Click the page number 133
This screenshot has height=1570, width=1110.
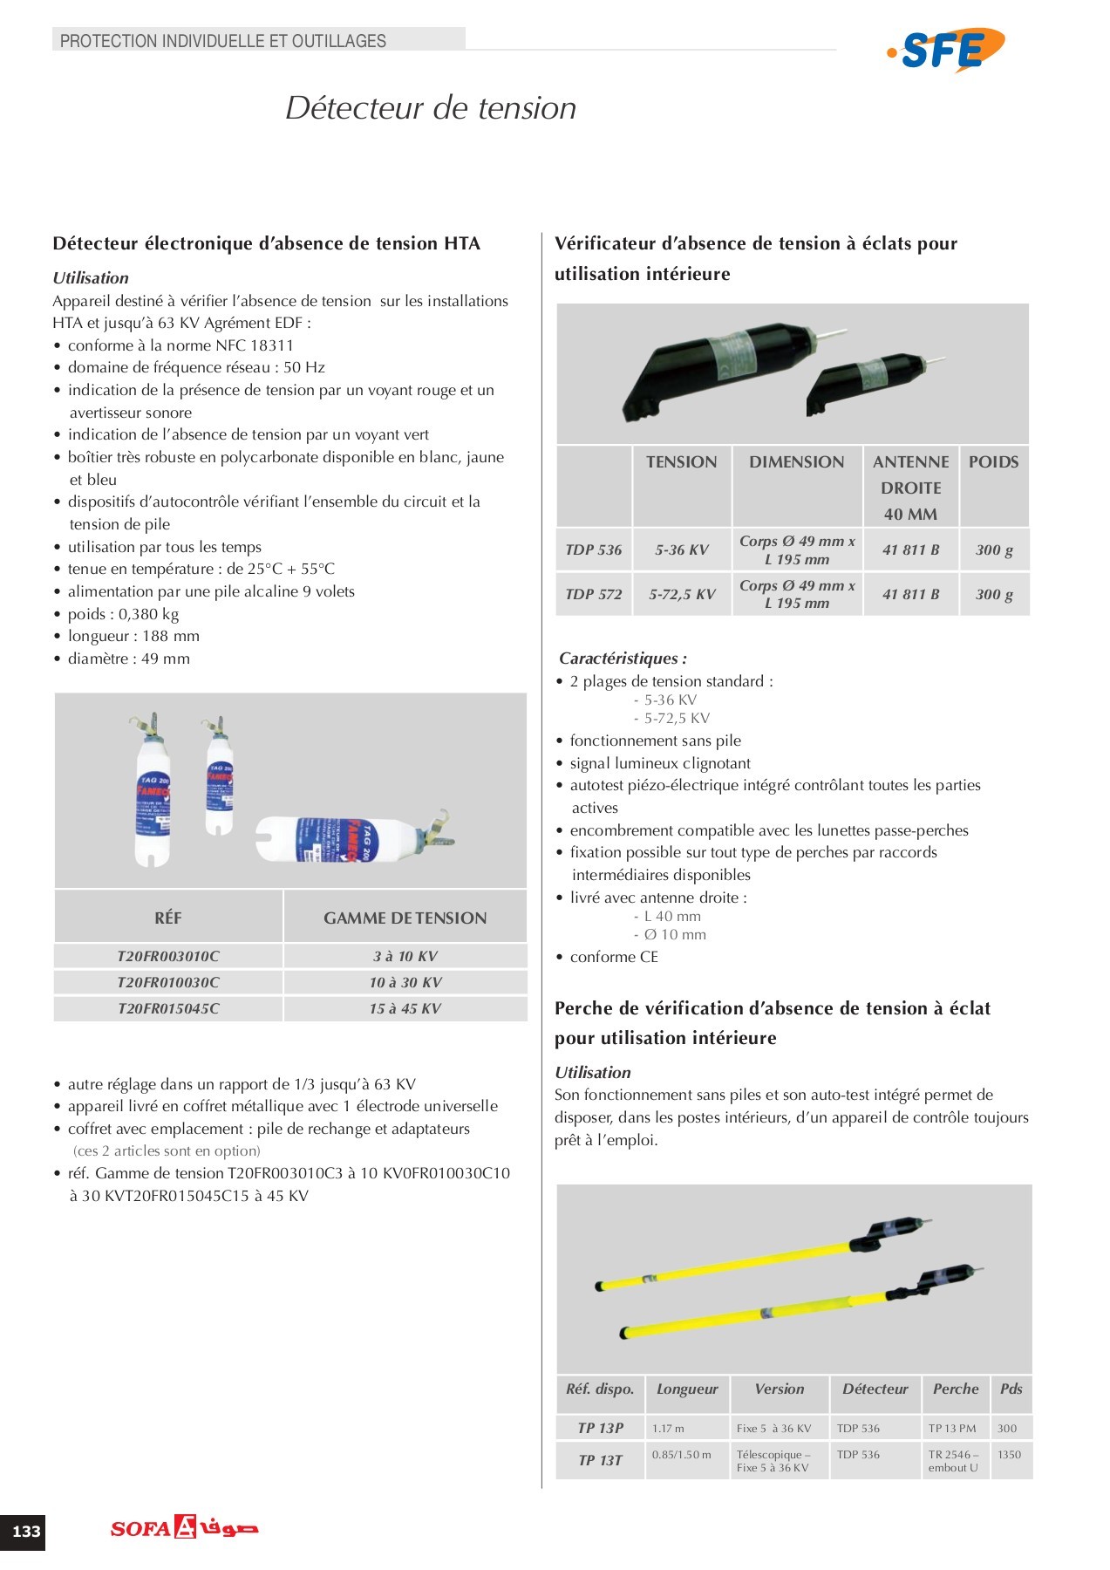26,1531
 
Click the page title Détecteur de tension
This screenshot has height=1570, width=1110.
431,108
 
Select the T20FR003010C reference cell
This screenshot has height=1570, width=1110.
168,956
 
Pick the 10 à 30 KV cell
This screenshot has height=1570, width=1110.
405,982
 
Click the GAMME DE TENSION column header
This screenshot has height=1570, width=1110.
405,918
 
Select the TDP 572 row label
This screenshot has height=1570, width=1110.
593,594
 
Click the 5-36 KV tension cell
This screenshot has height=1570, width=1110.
682,549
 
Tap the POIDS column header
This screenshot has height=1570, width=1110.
993,462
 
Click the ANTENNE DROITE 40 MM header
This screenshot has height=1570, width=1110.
910,488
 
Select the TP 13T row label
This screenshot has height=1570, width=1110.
600,1460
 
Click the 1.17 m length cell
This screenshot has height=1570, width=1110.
669,1428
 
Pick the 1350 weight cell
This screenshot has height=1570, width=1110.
1010,1454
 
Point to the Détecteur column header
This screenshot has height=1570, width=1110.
875,1389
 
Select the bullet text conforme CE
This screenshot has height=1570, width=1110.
614,957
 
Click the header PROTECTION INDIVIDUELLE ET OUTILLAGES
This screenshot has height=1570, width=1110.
223,40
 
